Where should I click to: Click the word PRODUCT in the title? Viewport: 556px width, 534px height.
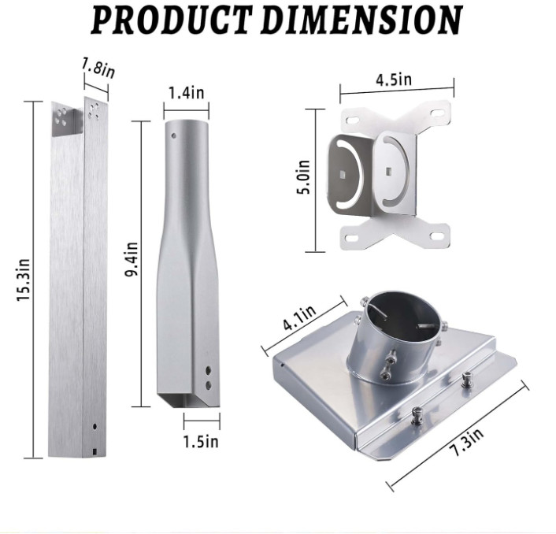pyautogui.click(x=172, y=20)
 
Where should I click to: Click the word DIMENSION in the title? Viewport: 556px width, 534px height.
pyautogui.click(x=361, y=20)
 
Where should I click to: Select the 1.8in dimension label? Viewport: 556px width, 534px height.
pyautogui.click(x=98, y=68)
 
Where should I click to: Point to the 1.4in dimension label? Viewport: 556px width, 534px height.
pyautogui.click(x=186, y=93)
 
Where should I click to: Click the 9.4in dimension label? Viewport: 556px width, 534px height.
pyautogui.click(x=132, y=259)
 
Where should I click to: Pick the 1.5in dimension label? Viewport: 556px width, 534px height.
pyautogui.click(x=201, y=441)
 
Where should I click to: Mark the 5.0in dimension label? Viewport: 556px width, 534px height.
pyautogui.click(x=303, y=177)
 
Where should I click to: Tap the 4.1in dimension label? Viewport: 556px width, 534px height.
pyautogui.click(x=299, y=317)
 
